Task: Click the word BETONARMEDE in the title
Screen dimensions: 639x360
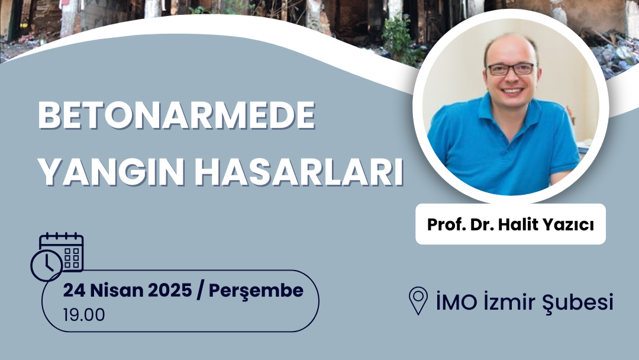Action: coord(176,115)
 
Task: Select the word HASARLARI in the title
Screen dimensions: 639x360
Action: coord(299,172)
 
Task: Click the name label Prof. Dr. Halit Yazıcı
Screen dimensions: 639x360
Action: coord(510,224)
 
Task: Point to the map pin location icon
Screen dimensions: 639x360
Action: coord(418,300)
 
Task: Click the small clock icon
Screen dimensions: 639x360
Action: coord(47,265)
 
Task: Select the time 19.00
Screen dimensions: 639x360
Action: coord(84,315)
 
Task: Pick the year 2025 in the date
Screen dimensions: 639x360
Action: coord(170,291)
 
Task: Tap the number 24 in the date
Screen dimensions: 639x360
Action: coord(74,291)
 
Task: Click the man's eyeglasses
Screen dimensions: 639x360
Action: coord(511,69)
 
